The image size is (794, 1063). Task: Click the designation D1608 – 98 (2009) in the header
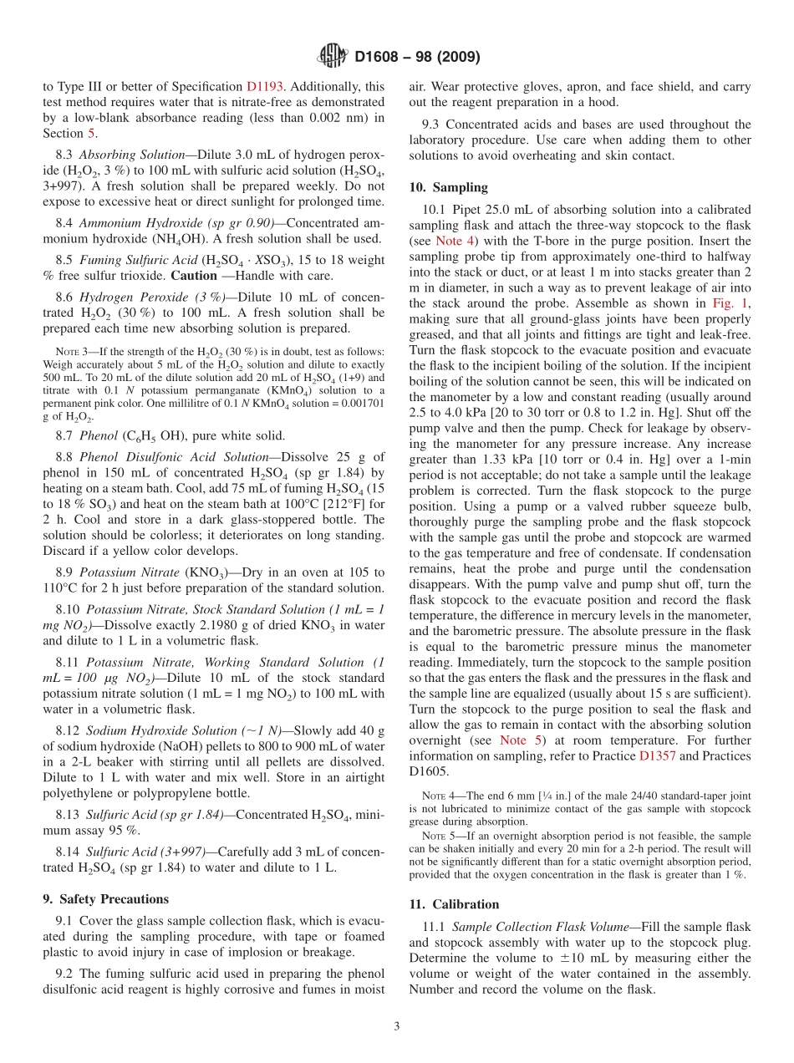tap(417, 57)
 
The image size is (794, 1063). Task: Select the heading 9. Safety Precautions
tap(105, 899)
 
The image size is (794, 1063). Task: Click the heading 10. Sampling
tap(448, 187)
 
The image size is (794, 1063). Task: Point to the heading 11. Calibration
tap(454, 904)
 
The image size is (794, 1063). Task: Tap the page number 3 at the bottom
tap(397, 1026)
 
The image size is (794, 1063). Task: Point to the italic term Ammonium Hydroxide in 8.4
tap(139, 222)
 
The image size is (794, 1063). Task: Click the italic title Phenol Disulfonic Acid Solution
tap(174, 457)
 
